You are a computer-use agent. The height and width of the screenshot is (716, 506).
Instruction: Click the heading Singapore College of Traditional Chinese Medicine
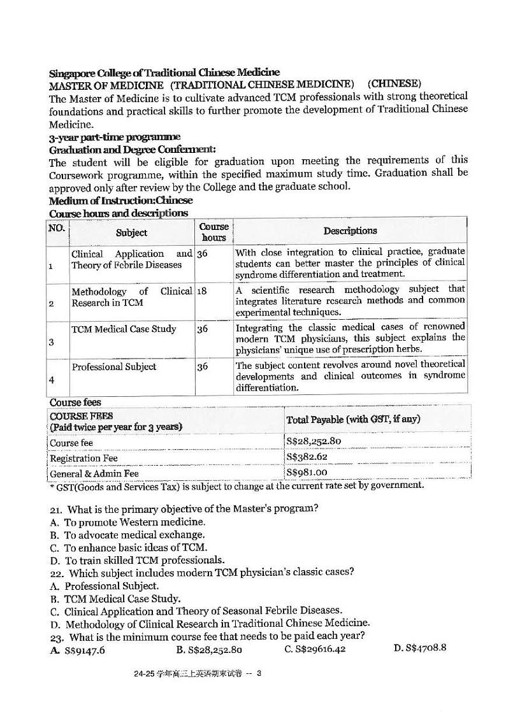(x=164, y=73)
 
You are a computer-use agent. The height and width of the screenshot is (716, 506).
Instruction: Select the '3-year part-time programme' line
(x=115, y=137)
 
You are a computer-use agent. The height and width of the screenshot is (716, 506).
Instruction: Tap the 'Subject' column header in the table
(x=131, y=233)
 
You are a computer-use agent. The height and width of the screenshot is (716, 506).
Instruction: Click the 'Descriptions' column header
(x=350, y=231)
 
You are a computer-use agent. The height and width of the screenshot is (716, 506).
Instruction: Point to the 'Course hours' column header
(x=213, y=232)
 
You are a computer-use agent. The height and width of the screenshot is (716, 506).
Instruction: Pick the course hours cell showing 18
(x=202, y=291)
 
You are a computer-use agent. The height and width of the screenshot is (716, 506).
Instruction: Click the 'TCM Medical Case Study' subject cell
(x=124, y=329)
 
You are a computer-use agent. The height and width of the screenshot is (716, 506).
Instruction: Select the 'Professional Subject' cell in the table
(x=114, y=367)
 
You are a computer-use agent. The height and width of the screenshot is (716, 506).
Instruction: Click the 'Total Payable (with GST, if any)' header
(x=353, y=419)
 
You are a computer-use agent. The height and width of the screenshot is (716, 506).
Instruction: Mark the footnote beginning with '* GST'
(x=236, y=485)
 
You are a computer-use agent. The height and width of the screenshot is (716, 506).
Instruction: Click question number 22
(x=56, y=573)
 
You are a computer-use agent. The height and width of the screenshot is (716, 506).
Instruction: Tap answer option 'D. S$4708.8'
(x=419, y=648)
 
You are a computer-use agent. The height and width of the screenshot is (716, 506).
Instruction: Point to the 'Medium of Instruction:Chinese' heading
(x=121, y=200)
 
